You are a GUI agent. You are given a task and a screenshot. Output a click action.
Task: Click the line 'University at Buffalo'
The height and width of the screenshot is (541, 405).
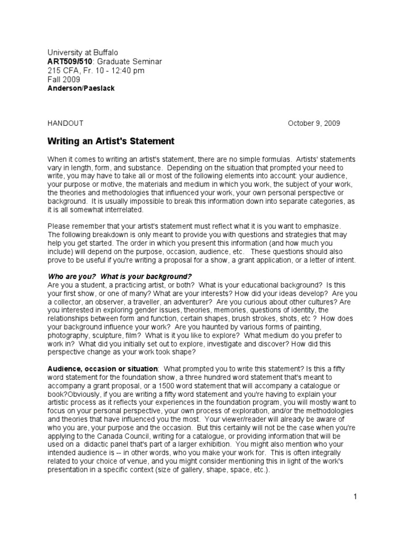click(x=83, y=53)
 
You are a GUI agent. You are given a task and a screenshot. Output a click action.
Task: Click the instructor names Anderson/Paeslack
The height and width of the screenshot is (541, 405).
click(x=81, y=88)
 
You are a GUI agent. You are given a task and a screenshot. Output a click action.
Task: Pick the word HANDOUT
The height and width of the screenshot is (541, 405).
click(x=65, y=124)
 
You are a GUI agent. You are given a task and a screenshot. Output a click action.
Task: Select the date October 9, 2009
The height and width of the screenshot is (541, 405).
click(x=314, y=124)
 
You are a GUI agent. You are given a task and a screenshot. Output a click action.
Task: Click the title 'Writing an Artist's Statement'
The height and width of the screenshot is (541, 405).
click(x=111, y=142)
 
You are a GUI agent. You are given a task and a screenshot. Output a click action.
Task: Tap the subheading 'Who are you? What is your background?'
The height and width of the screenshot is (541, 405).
click(x=120, y=276)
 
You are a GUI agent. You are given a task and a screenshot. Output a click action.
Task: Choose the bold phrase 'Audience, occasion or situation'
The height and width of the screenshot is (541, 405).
click(x=102, y=368)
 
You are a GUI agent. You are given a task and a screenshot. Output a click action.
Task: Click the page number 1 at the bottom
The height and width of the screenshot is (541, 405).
click(x=355, y=497)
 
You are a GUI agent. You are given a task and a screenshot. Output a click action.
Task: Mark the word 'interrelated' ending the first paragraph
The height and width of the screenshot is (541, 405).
click(x=121, y=210)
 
